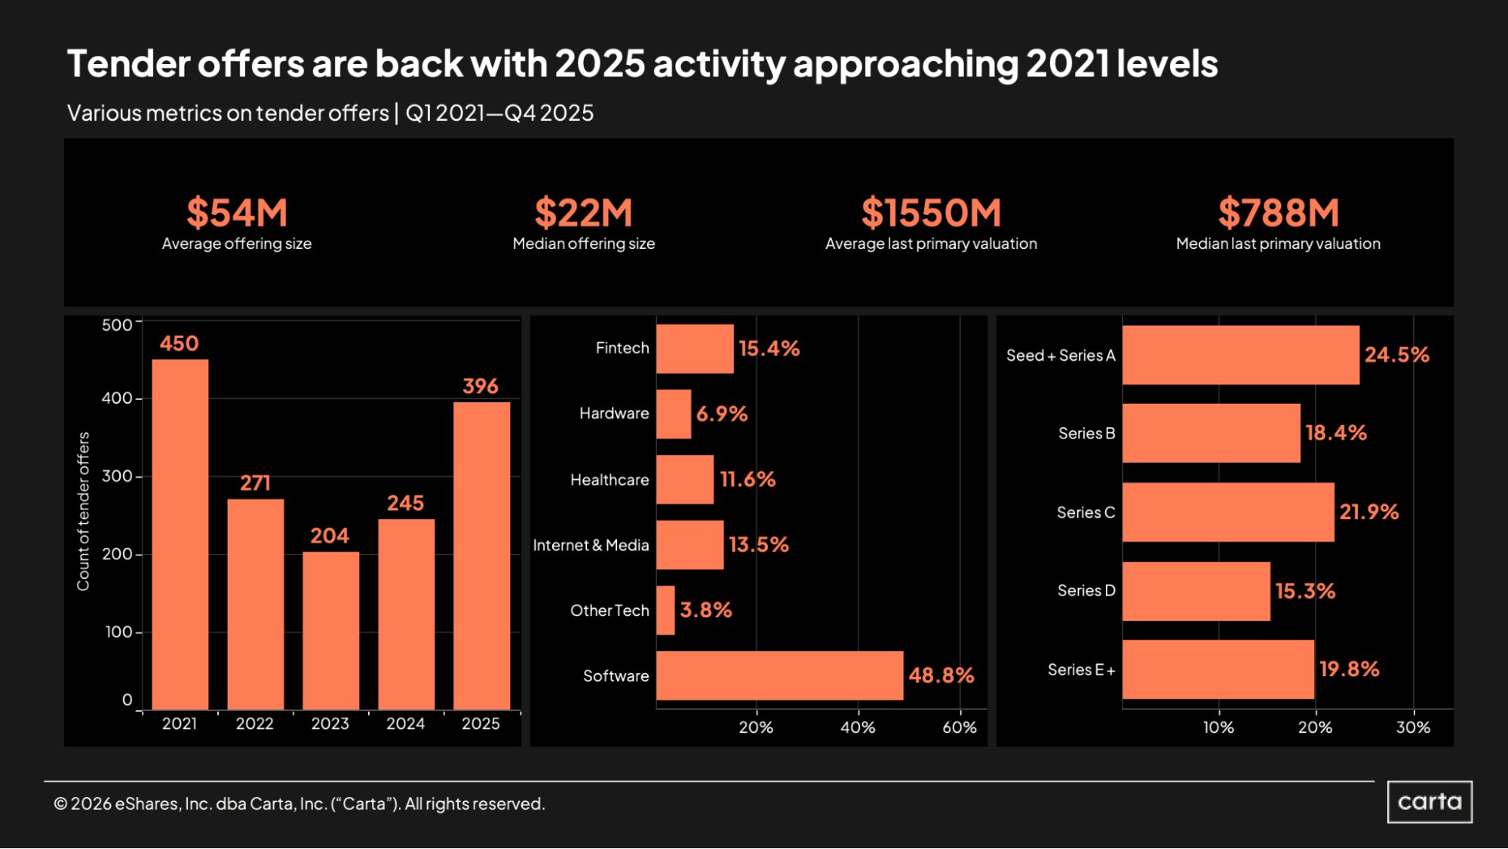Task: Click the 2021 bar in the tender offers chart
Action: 180,534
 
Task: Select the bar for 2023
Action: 330,630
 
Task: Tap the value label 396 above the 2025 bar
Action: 481,386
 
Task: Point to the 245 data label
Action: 406,503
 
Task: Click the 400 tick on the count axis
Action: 117,398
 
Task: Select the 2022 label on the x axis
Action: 255,724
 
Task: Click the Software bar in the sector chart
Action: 779,675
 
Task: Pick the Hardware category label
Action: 614,414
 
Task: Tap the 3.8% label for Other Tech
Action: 706,610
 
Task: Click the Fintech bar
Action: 695,349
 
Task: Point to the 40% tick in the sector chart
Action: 858,727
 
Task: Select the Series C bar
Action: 1228,512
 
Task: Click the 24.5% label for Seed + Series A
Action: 1397,355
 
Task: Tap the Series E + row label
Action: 1081,670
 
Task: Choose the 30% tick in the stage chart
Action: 1413,727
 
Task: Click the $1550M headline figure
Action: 931,213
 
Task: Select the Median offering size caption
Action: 584,244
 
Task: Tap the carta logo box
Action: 1430,801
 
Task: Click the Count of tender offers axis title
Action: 83,512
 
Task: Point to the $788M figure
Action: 1279,213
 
